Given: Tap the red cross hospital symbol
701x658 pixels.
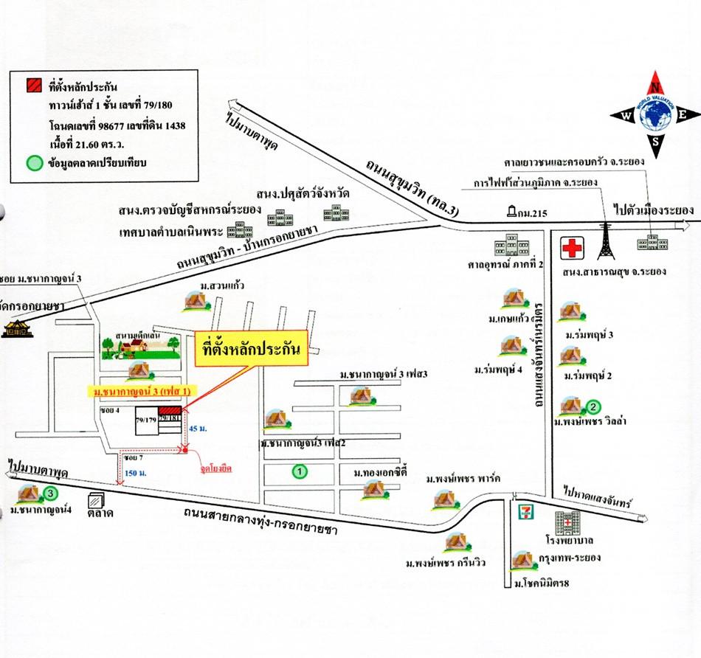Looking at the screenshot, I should point(571,248).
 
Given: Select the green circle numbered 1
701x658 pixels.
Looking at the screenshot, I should point(300,469).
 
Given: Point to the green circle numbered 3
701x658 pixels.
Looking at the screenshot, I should point(49,493).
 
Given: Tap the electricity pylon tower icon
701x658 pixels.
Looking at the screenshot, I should point(606,236).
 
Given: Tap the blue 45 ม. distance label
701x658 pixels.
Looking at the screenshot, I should point(198,429).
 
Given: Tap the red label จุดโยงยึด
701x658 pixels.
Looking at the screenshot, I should point(215,467).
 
